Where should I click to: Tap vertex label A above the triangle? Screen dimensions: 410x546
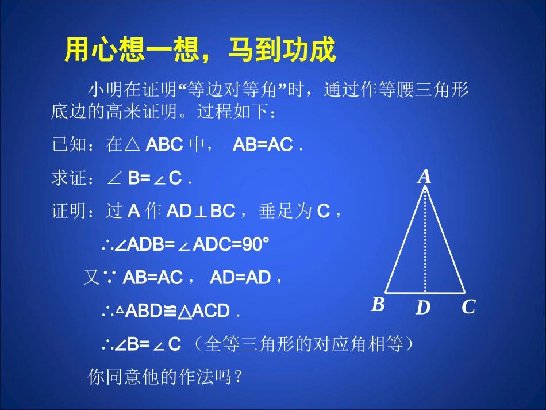click(x=424, y=177)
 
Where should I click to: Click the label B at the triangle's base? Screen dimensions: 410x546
click(x=378, y=304)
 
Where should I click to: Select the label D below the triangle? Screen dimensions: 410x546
click(x=423, y=308)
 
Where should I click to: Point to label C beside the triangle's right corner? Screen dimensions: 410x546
click(x=468, y=308)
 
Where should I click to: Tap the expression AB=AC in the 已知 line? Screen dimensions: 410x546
click(x=263, y=145)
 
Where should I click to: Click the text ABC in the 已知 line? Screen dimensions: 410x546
click(x=164, y=145)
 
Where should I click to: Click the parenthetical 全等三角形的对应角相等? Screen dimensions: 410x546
click(x=302, y=344)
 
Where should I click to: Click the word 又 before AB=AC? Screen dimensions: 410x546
click(x=92, y=278)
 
